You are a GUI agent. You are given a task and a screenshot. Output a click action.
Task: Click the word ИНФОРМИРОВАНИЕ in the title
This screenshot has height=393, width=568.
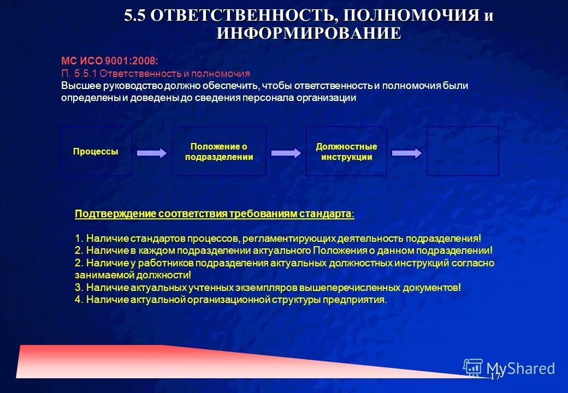point(309,33)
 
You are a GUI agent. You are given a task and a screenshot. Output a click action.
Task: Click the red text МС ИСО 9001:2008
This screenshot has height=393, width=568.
point(109,62)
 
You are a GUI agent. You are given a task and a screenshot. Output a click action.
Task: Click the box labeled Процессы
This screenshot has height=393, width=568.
point(96,151)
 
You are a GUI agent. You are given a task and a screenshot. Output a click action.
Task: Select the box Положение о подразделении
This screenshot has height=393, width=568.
point(219,151)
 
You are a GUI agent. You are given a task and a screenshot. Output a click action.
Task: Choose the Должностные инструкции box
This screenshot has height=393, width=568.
point(346,151)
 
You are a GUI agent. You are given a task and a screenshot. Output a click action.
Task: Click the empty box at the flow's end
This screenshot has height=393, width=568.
point(463,151)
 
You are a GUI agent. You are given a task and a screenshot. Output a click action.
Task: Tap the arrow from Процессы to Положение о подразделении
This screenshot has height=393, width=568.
point(152,153)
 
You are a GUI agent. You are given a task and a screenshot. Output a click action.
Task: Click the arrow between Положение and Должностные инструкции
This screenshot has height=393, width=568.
point(286,153)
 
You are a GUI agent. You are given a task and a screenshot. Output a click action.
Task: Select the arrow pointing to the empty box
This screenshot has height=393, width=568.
point(407,153)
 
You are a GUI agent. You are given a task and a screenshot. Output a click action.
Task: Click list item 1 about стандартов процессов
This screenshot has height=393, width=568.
point(278,239)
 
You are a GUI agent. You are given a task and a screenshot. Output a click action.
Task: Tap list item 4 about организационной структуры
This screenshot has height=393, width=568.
point(230,300)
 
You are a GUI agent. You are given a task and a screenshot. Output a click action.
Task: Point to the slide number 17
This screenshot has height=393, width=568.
point(495,377)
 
